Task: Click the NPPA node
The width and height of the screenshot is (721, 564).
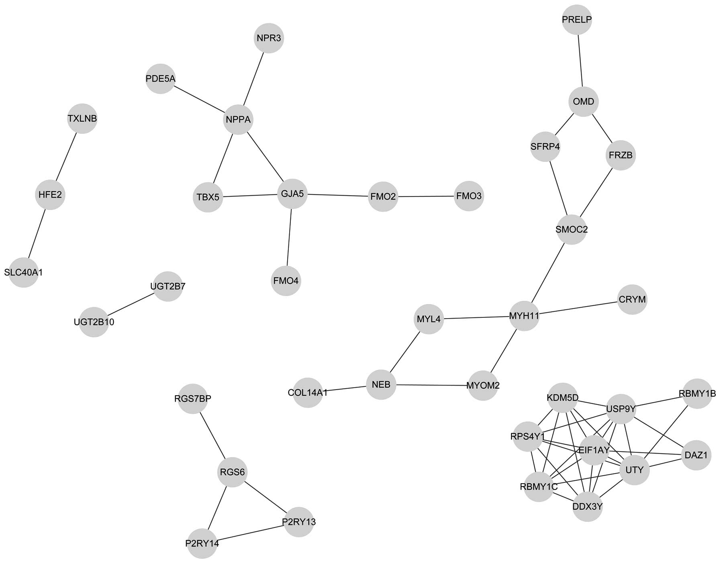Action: [238, 120]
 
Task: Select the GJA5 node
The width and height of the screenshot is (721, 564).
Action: [292, 194]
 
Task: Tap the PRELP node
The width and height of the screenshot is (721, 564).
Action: [577, 20]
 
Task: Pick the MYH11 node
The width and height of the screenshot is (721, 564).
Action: [524, 316]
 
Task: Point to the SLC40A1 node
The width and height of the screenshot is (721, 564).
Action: [23, 272]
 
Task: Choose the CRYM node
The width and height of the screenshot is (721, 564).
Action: [632, 300]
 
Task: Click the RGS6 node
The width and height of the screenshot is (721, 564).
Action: [233, 472]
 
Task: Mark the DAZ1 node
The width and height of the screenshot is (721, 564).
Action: [696, 455]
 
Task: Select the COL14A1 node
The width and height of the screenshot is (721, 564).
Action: [308, 392]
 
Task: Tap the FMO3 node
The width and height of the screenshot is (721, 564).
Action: [469, 196]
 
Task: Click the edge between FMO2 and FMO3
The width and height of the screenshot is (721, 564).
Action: [426, 196]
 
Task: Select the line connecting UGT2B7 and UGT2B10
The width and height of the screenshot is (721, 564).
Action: [131, 304]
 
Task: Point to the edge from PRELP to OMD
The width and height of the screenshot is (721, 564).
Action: [580, 61]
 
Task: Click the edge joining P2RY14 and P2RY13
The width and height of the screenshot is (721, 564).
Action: [251, 533]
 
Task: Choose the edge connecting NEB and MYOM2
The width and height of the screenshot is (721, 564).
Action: [432, 385]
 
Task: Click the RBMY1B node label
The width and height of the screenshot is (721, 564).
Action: [697, 394]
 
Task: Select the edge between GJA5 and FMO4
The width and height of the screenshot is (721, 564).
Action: [289, 237]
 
